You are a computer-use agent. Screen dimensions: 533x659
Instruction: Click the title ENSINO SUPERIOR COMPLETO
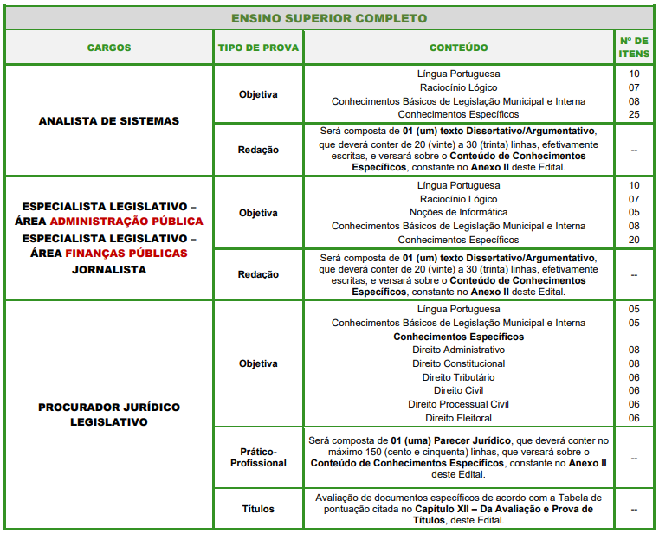click(x=329, y=18)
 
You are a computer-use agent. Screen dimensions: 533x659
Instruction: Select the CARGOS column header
click(x=109, y=48)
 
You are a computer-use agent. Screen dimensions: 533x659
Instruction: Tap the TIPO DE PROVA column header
click(x=258, y=48)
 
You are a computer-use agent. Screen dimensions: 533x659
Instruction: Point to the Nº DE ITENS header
click(x=634, y=48)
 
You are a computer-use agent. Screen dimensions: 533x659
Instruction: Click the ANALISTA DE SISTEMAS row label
click(x=109, y=121)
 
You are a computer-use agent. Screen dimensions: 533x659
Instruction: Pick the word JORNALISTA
click(x=109, y=269)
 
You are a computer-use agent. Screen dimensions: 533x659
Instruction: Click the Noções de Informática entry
click(x=458, y=212)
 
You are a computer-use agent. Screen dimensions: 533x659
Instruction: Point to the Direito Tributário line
click(x=458, y=377)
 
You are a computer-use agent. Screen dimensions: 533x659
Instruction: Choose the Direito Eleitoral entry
click(x=458, y=418)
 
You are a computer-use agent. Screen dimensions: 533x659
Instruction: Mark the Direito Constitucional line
click(x=458, y=363)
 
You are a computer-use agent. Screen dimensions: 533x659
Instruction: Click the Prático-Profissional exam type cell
click(x=258, y=457)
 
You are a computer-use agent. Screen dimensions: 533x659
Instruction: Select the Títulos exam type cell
click(x=258, y=510)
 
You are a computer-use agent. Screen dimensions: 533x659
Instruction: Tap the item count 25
click(x=634, y=114)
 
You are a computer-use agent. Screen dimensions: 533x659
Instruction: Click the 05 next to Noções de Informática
click(x=634, y=212)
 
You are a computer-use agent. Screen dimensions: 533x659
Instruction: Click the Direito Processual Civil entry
click(x=458, y=404)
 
